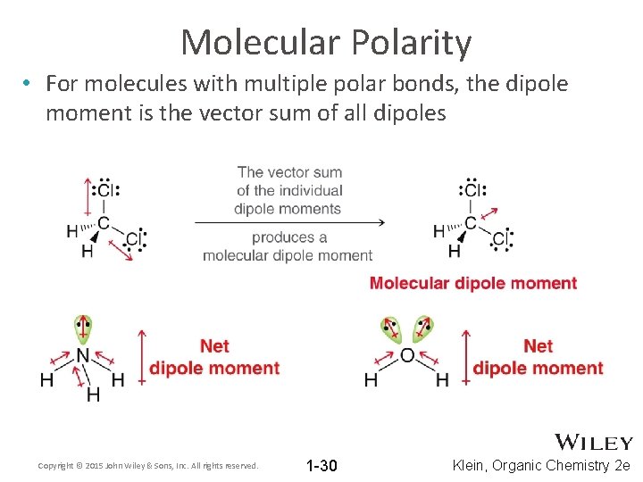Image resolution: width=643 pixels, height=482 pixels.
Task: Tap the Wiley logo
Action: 594,442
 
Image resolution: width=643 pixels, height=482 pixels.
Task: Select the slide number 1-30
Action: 321,465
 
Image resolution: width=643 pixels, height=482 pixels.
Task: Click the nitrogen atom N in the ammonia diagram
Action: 82,357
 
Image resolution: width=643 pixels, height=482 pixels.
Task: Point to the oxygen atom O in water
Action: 406,355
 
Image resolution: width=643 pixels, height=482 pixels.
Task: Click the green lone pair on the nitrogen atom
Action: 82,328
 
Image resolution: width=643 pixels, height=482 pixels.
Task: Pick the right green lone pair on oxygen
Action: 423,330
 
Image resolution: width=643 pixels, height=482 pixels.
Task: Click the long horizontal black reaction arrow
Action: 289,222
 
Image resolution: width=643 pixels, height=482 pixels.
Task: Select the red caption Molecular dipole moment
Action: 473,283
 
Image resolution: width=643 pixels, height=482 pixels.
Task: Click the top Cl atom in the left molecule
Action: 106,190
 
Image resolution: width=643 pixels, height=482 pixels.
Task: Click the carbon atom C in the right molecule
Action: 471,223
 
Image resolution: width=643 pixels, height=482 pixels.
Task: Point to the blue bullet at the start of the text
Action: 29,84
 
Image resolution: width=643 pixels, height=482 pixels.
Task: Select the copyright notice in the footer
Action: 148,466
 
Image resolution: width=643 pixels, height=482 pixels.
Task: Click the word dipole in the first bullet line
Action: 534,84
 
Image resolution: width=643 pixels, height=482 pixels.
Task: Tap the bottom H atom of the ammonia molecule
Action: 93,394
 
